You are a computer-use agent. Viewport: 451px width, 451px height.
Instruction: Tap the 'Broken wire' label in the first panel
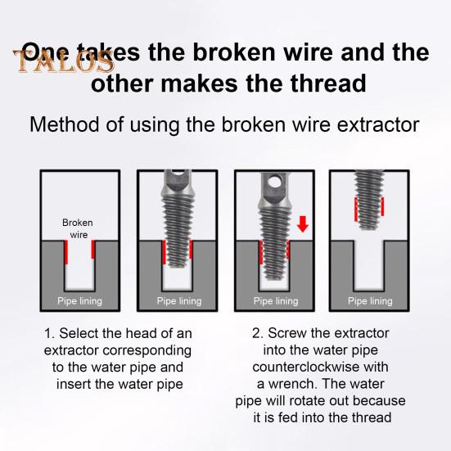click(79, 228)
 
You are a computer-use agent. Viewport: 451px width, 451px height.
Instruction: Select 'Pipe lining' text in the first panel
click(79, 301)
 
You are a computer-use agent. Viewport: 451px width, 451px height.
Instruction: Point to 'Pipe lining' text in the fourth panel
click(370, 301)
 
